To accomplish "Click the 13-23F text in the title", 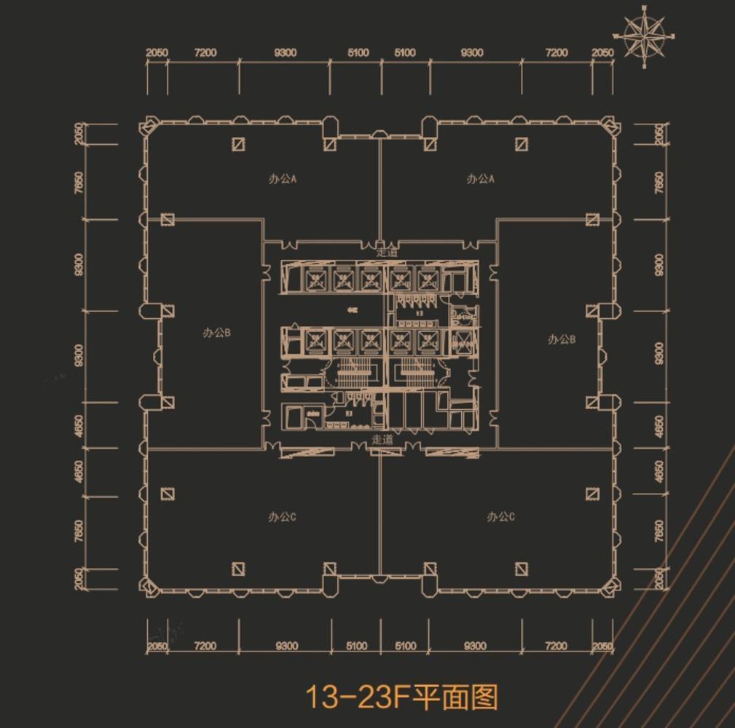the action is [355, 697].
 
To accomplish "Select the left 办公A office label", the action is [282, 179].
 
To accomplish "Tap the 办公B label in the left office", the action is [216, 333].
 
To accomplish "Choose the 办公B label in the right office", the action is [562, 339].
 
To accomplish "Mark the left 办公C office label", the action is [282, 517].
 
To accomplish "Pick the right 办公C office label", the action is [500, 517].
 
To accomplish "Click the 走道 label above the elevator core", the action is [387, 252].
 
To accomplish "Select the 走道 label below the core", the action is [382, 439].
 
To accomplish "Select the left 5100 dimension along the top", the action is [358, 53].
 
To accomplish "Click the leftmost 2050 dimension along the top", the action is [157, 53].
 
